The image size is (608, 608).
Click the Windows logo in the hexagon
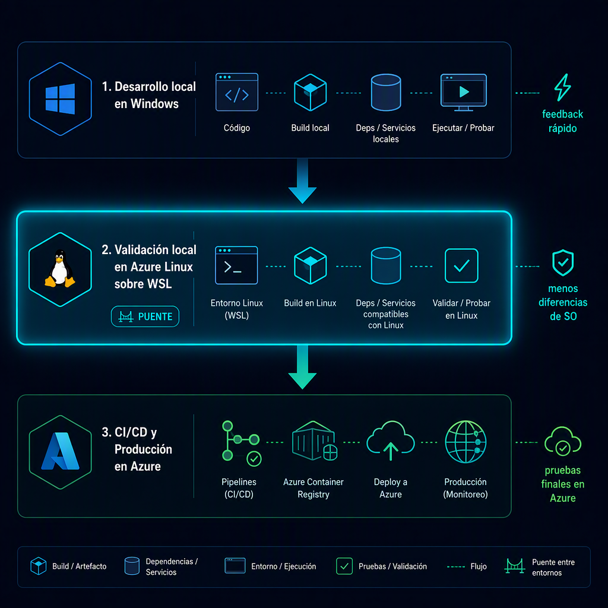60,99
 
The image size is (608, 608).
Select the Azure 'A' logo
60,451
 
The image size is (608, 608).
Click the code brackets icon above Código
236,92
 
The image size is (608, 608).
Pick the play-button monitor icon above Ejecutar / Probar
463,92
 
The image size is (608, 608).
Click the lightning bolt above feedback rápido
563,87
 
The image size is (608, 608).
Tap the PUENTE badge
145,316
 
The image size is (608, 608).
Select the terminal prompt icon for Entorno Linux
236,265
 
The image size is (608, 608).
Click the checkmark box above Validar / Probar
461,265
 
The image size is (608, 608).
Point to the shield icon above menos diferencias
563,262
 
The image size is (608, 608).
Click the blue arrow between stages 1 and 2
302,180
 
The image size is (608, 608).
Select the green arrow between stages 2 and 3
302,367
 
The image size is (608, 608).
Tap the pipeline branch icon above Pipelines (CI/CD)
241,443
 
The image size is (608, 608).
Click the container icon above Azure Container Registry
314,441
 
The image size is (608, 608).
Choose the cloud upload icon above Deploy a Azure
391,441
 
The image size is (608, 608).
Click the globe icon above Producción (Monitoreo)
465,442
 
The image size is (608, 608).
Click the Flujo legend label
479,566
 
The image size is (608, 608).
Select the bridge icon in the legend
515,566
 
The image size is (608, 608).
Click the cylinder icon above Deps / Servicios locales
386,92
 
